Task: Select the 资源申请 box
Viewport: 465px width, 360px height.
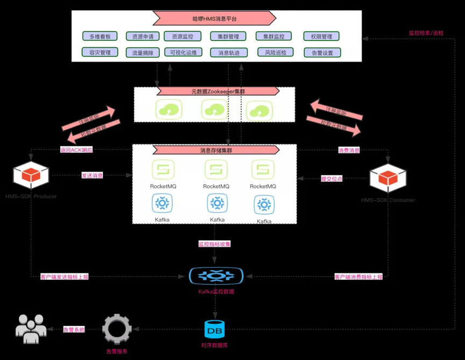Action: click(143, 37)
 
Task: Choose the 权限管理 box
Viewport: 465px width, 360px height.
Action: click(322, 37)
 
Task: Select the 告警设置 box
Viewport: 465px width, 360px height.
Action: click(322, 53)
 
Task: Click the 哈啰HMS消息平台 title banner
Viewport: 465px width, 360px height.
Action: click(214, 19)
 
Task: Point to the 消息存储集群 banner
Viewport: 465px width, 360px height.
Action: click(214, 150)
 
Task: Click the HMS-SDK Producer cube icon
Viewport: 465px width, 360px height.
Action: click(31, 175)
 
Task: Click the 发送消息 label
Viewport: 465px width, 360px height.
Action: click(92, 175)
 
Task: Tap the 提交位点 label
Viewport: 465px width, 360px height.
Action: click(332, 178)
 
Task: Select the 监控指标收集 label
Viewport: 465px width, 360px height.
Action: click(214, 244)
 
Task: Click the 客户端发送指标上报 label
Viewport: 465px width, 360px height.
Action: click(65, 277)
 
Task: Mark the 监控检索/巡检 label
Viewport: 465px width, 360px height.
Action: click(426, 33)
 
